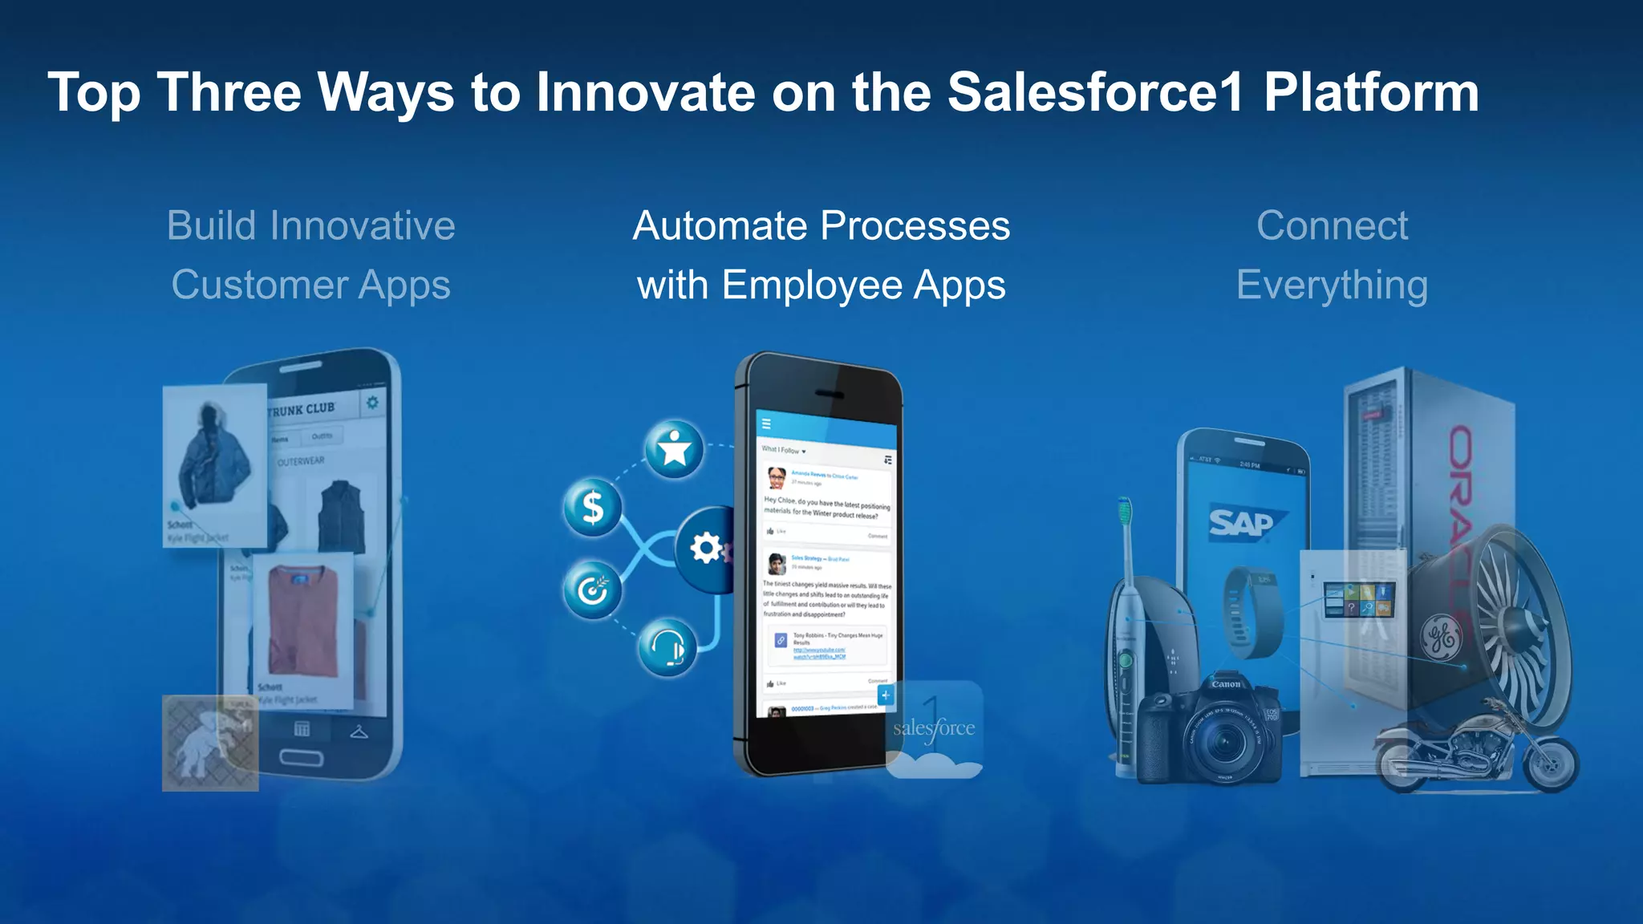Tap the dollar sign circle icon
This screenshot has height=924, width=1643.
593,507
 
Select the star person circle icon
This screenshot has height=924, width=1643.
674,449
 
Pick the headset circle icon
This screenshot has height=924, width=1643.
667,646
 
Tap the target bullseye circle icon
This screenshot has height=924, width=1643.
593,590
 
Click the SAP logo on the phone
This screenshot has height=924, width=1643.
1242,523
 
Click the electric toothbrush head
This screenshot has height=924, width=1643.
1125,512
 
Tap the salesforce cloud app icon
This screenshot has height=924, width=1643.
935,729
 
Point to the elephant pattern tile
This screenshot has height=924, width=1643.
210,743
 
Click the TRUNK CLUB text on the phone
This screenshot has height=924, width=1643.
302,410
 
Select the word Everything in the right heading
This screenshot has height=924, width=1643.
1332,286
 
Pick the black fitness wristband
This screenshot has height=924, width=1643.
1242,613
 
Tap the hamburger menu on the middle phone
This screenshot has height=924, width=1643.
766,423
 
